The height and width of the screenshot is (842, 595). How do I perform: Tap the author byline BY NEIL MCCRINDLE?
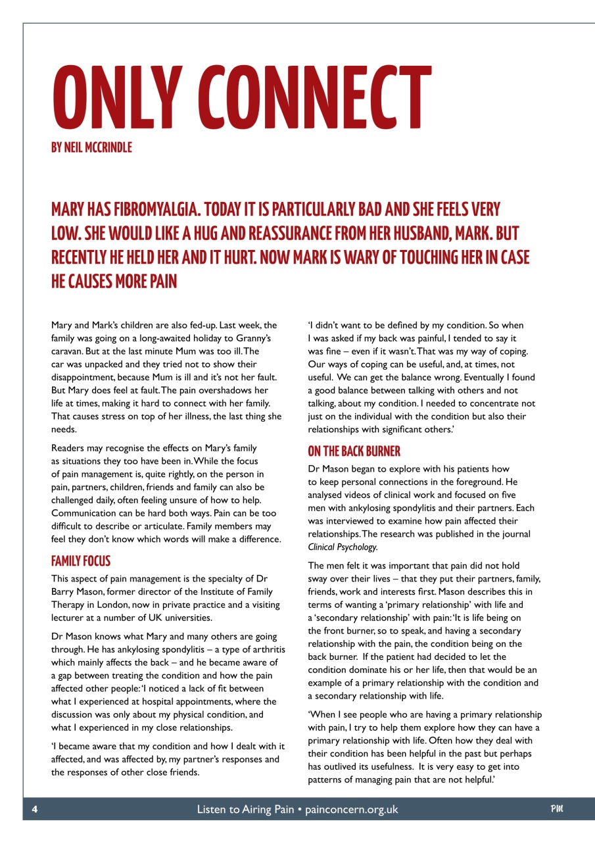(x=91, y=148)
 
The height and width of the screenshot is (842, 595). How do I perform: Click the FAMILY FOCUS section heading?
(x=81, y=561)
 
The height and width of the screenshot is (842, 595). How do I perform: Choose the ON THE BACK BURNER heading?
(x=354, y=451)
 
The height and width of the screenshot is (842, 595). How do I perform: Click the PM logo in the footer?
(x=557, y=809)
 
